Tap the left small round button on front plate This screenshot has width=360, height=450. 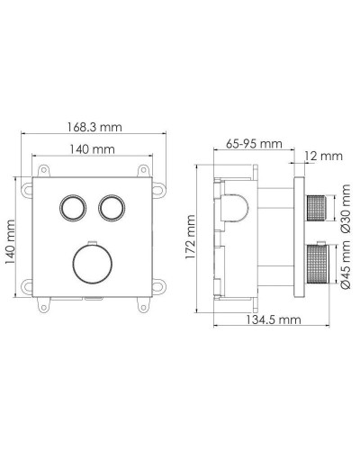(71, 208)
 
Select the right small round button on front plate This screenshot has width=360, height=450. (112, 208)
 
